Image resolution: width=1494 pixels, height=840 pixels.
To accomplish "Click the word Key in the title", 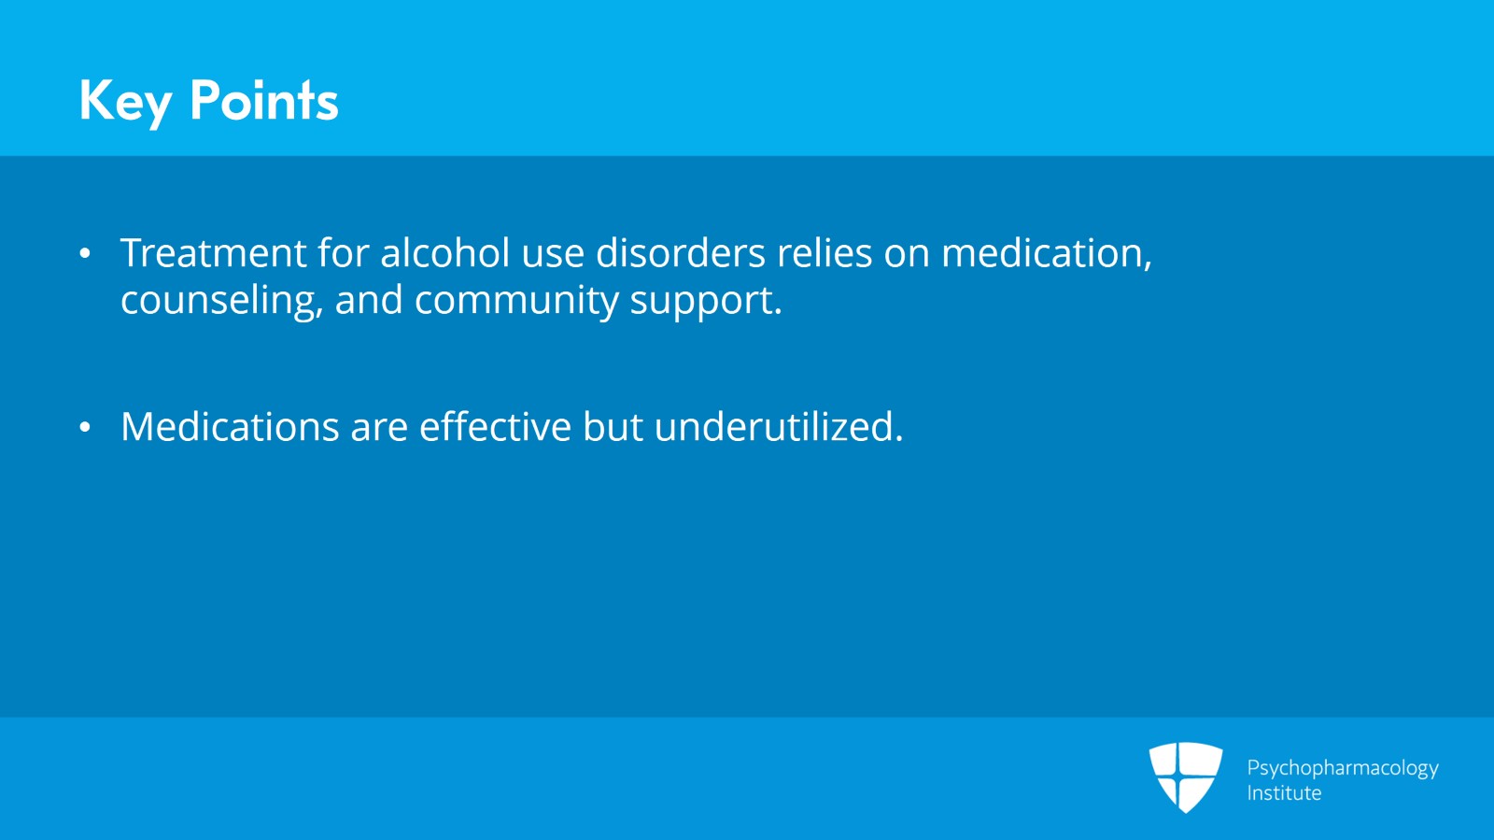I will click(125, 101).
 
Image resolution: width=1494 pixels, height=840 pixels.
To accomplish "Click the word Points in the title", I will click(263, 100).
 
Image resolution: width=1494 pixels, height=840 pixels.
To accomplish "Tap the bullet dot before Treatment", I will click(85, 253).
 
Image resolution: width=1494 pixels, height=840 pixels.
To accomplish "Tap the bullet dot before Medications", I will click(85, 428).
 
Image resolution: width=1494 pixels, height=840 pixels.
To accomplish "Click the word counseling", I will click(221, 301).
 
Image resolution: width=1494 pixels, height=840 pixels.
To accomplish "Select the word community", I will click(516, 301).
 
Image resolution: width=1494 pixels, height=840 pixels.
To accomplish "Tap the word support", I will click(705, 301).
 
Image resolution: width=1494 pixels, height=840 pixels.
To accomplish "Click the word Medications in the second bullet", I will click(230, 427).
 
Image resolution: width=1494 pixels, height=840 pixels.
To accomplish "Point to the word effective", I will click(495, 427).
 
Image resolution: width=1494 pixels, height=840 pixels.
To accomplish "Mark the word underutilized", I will click(778, 427).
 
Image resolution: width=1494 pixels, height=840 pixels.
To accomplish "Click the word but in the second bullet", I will click(613, 427).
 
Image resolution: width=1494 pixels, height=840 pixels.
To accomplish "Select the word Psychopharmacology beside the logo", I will click(1342, 768).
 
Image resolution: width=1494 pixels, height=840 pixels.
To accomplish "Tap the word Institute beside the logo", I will click(1284, 793).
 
